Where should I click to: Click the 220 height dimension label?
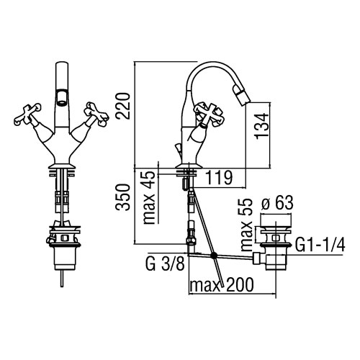tap(122, 106)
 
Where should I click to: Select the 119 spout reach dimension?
tap(219, 178)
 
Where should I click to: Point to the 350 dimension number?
tap(122, 197)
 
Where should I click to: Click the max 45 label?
tap(149, 197)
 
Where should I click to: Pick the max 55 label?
tap(247, 225)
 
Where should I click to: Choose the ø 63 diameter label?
tap(277, 203)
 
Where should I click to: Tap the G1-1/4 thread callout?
tap(320, 245)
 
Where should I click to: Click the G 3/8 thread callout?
tap(166, 264)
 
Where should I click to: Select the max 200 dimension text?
tap(222, 284)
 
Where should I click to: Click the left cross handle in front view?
tap(27, 114)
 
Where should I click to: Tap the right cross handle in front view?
tap(96, 114)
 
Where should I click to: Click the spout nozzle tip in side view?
tap(242, 96)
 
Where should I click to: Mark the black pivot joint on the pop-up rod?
tap(213, 256)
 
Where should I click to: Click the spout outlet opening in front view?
tap(62, 97)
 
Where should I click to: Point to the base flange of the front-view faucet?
tap(63, 166)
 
